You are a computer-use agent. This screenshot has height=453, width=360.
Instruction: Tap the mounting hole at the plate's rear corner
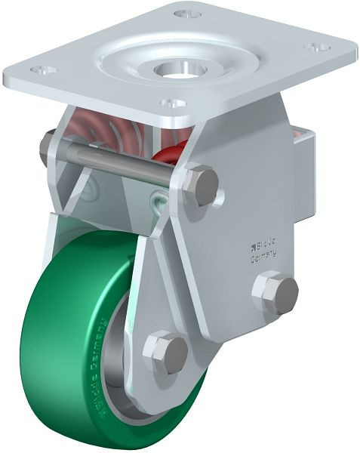click(x=186, y=13)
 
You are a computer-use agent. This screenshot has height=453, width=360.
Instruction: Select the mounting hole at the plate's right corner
click(x=316, y=47)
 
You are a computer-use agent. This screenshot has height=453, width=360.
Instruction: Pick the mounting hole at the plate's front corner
click(x=172, y=102)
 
